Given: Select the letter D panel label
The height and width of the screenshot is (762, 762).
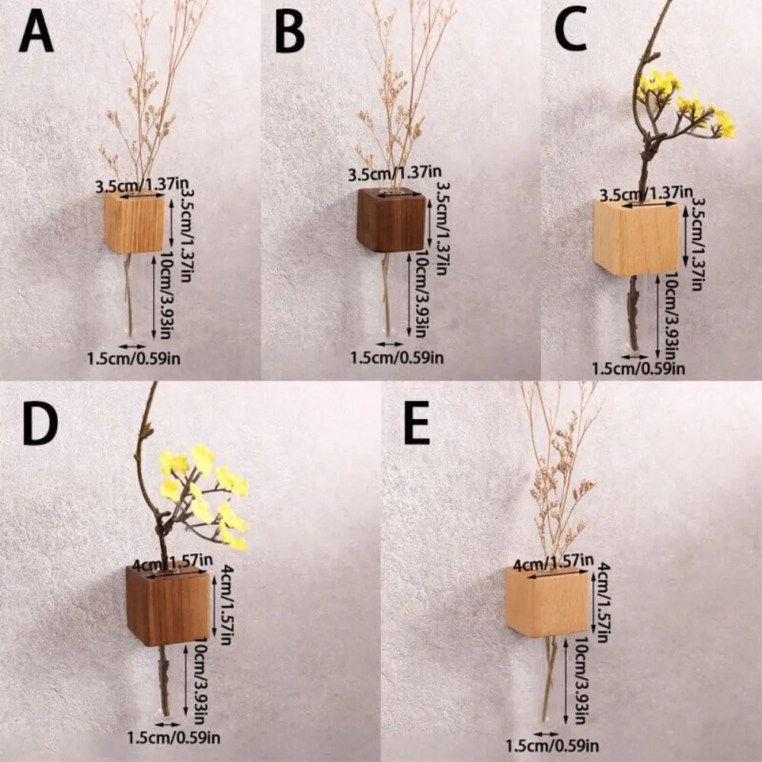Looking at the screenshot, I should (40, 424).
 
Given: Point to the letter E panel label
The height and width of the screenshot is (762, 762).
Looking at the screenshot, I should (417, 424).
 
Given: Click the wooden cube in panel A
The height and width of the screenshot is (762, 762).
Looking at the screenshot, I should (134, 223).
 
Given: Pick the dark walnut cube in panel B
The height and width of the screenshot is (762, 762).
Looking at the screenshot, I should (391, 221).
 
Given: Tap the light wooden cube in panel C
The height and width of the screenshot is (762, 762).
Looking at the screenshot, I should (636, 238).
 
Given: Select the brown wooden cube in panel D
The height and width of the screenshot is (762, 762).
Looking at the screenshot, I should (168, 606).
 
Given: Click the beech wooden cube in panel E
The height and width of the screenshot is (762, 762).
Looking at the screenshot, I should (546, 602).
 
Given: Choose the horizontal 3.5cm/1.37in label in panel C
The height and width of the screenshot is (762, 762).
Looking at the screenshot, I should (645, 194).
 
